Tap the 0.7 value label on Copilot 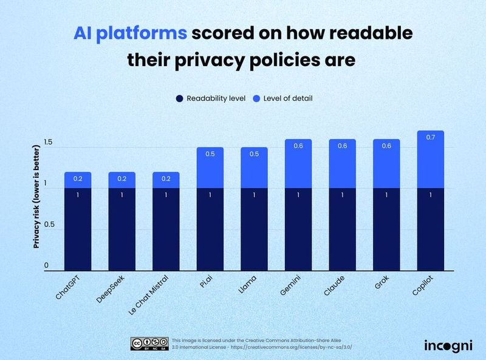click(x=431, y=137)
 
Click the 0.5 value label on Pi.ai click(x=210, y=154)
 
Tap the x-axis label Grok click(x=380, y=283)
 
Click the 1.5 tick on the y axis click(x=49, y=143)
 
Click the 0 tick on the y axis click(x=46, y=266)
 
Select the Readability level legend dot click(x=179, y=98)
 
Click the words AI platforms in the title click(x=130, y=34)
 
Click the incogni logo click(x=448, y=345)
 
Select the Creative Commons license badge click(x=148, y=344)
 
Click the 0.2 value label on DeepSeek click(x=122, y=178)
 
